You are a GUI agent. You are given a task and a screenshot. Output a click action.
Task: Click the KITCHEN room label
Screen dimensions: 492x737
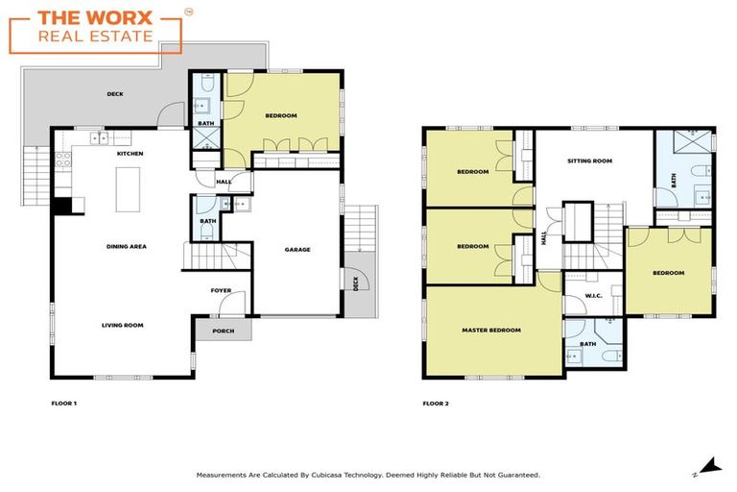point(130,154)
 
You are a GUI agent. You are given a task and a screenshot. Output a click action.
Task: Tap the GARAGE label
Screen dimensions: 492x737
point(297,250)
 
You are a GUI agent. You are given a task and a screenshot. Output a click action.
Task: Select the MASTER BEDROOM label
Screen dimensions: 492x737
point(491,331)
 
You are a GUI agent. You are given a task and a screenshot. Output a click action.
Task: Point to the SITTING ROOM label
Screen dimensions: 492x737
point(589,161)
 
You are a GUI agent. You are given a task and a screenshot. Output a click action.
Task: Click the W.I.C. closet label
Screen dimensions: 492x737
point(593,296)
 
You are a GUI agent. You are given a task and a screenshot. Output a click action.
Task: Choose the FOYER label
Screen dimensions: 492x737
point(222,290)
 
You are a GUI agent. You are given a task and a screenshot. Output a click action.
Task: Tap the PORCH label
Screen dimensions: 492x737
point(223,332)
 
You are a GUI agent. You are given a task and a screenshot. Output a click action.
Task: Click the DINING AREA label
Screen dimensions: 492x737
point(126,247)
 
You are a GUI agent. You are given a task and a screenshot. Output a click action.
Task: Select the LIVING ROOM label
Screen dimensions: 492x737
point(123,325)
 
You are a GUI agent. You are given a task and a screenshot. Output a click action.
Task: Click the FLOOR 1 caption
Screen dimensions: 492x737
point(63,403)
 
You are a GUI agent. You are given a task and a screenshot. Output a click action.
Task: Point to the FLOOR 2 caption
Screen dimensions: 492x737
point(436,403)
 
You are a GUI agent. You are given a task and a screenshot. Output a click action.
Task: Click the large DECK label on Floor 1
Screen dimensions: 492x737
point(115,94)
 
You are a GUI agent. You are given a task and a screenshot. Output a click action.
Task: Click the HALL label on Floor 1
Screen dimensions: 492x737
point(224,181)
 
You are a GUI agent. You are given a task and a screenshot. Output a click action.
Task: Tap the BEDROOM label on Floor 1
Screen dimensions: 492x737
point(281,115)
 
